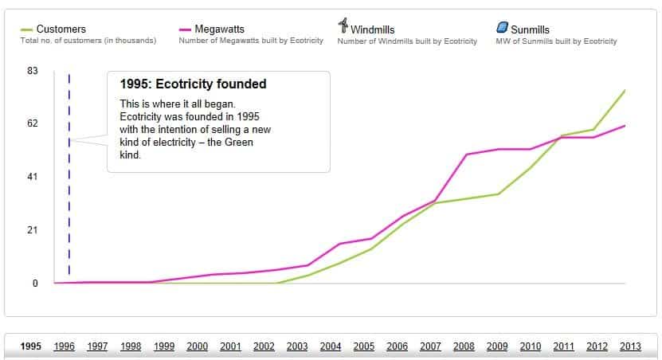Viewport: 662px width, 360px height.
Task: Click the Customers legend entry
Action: click(x=61, y=29)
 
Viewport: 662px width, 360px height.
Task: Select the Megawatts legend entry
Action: click(x=221, y=29)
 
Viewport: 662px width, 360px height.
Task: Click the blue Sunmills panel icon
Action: click(x=502, y=28)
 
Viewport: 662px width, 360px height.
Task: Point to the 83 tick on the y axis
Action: click(x=33, y=72)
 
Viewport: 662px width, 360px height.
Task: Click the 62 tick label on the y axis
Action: click(x=33, y=123)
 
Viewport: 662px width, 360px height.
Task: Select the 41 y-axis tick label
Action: click(x=33, y=177)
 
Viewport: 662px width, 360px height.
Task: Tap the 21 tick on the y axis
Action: click(x=33, y=230)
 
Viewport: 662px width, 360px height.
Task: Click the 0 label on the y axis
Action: click(x=35, y=284)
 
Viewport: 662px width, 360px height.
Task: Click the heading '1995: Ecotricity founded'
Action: click(x=193, y=84)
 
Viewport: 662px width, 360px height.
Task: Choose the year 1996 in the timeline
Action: click(x=65, y=346)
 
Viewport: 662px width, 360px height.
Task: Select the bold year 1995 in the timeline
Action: click(x=31, y=346)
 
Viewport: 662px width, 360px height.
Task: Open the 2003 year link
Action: click(x=297, y=346)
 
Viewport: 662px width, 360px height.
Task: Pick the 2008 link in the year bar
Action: click(x=464, y=346)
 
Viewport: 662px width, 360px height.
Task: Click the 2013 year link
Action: click(x=630, y=346)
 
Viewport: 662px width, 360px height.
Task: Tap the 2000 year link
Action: click(x=197, y=346)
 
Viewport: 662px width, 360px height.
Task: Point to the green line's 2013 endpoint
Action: click(x=625, y=90)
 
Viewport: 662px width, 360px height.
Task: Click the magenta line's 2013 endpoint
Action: click(x=625, y=125)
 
